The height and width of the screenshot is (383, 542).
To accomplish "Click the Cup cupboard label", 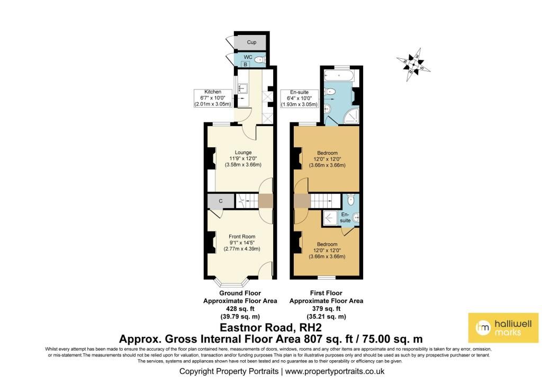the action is point(251,42).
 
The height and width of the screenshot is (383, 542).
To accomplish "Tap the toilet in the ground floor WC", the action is point(259,60).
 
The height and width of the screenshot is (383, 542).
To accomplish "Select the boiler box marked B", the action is point(246,64).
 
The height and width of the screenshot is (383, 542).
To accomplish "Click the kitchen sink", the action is point(241,88).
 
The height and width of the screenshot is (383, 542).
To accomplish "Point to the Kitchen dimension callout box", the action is point(213,98).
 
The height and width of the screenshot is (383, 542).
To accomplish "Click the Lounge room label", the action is point(243,153).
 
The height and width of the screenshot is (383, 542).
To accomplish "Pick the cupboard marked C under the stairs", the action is point(221,201).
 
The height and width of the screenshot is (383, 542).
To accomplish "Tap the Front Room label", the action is point(242,237).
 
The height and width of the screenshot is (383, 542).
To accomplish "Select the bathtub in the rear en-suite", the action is point(338,75).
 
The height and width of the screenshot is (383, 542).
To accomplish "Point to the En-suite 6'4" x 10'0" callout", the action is point(300,98).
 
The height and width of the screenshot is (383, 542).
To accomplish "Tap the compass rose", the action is point(413,65).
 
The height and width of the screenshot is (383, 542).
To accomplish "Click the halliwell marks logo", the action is point(503,328).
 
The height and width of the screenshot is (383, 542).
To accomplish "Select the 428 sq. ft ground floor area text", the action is point(240,309).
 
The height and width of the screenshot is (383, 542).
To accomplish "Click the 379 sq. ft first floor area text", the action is point(326,309).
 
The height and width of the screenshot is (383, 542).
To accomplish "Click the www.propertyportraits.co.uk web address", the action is point(335,371).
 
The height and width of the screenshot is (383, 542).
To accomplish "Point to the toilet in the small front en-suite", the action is point(351,199).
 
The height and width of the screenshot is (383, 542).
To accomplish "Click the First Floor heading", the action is point(326,293).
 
